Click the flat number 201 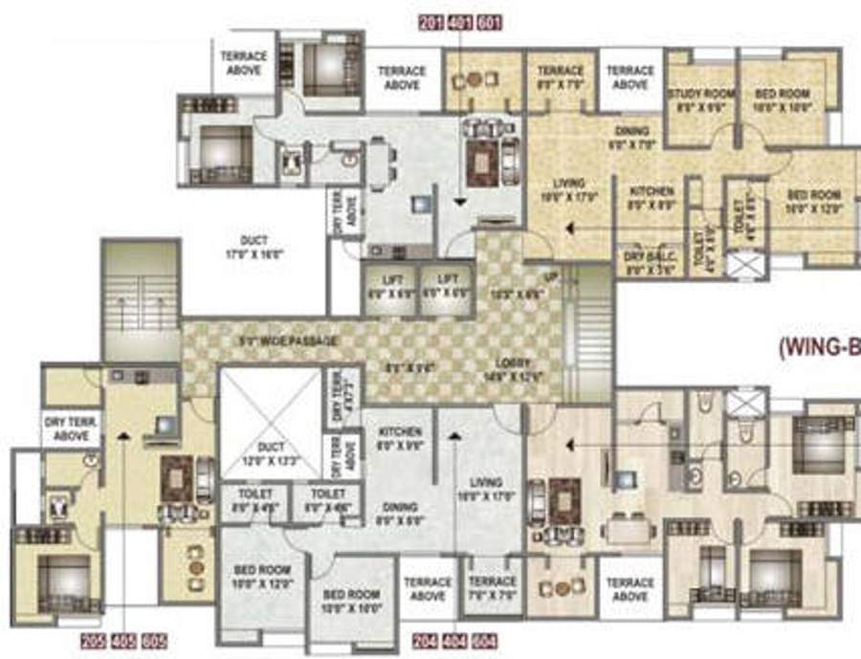430,21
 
